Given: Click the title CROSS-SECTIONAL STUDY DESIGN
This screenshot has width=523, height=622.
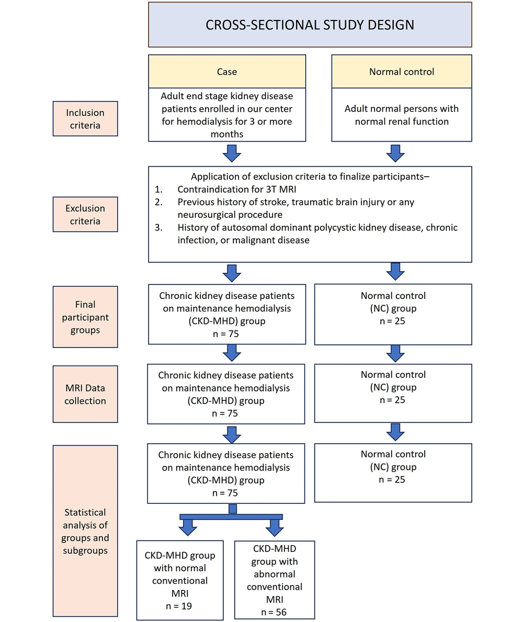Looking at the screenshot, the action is pyautogui.click(x=310, y=25).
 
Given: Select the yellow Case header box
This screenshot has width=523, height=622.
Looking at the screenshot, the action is pyautogui.click(x=227, y=72).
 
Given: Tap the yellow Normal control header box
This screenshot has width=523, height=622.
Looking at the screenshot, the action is pyautogui.click(x=402, y=72).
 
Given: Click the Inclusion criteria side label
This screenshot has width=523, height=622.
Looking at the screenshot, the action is pyautogui.click(x=85, y=119).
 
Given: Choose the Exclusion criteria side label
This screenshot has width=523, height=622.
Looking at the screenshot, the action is pyautogui.click(x=85, y=214).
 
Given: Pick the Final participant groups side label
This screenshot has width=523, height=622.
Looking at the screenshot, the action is pyautogui.click(x=85, y=317).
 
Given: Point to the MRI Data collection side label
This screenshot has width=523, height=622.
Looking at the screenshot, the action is pyautogui.click(x=85, y=394).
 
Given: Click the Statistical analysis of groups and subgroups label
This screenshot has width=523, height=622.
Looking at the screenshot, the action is pyautogui.click(x=85, y=531).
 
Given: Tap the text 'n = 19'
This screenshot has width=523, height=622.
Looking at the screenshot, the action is pyautogui.click(x=179, y=606).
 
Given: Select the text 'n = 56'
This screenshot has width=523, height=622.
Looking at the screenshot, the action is pyautogui.click(x=274, y=612).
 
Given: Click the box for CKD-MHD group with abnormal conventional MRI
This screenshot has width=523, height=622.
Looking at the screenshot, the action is pyautogui.click(x=275, y=580).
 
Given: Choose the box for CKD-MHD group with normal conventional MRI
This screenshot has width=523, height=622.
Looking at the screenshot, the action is pyautogui.click(x=180, y=580).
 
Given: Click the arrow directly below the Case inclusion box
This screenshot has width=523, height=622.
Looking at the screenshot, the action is pyautogui.click(x=232, y=153).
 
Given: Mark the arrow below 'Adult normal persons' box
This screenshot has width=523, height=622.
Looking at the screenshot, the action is pyautogui.click(x=395, y=153).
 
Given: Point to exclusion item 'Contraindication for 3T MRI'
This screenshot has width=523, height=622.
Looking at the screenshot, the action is pyautogui.click(x=237, y=189).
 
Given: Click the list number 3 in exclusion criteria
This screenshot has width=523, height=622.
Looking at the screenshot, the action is pyautogui.click(x=158, y=227).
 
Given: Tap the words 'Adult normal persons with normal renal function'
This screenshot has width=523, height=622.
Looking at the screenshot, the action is pyautogui.click(x=402, y=115).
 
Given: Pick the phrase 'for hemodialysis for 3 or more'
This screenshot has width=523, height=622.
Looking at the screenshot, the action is pyautogui.click(x=226, y=121).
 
